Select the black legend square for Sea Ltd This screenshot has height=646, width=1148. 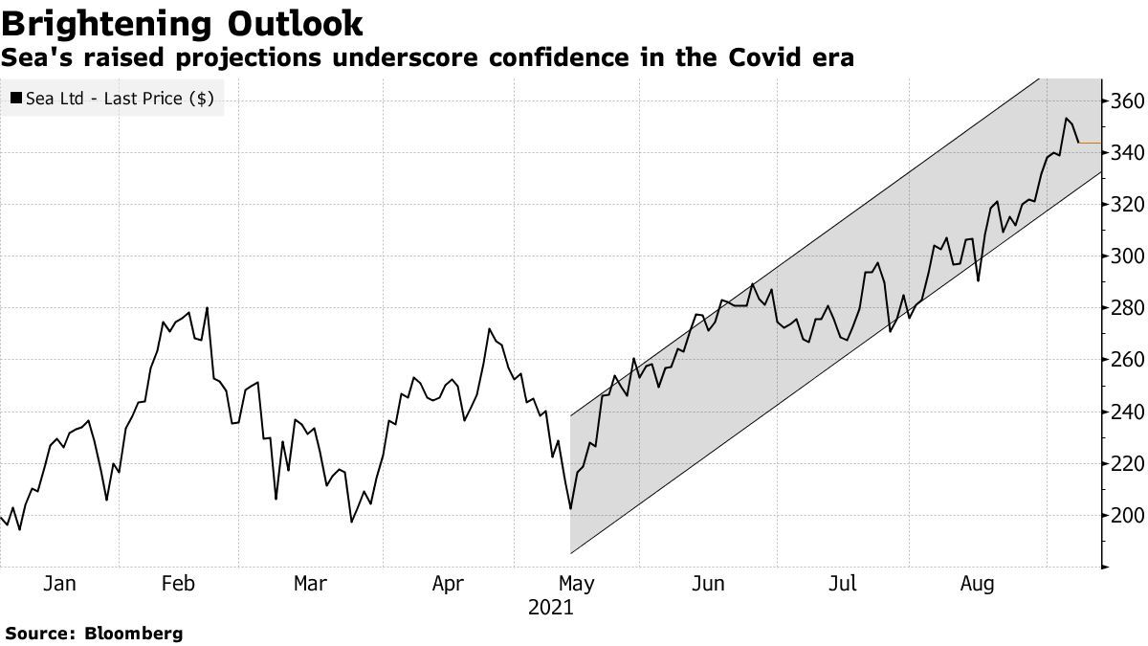[x=16, y=98]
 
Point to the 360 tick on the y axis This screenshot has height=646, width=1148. [x=1126, y=101]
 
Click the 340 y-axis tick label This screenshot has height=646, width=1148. [x=1126, y=153]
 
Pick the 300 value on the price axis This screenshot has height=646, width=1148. [x=1126, y=256]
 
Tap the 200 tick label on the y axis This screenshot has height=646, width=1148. [x=1126, y=516]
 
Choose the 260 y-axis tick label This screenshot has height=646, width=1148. [x=1126, y=361]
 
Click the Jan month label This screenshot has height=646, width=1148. [x=59, y=583]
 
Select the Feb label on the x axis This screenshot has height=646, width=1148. [x=179, y=583]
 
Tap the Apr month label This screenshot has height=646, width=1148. [x=449, y=583]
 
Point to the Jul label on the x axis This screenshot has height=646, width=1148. [x=843, y=583]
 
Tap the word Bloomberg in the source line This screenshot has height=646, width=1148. [x=134, y=634]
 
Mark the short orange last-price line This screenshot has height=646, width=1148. [x=1089, y=144]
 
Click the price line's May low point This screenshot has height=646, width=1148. [x=570, y=509]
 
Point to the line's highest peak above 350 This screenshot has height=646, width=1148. [x=1066, y=119]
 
